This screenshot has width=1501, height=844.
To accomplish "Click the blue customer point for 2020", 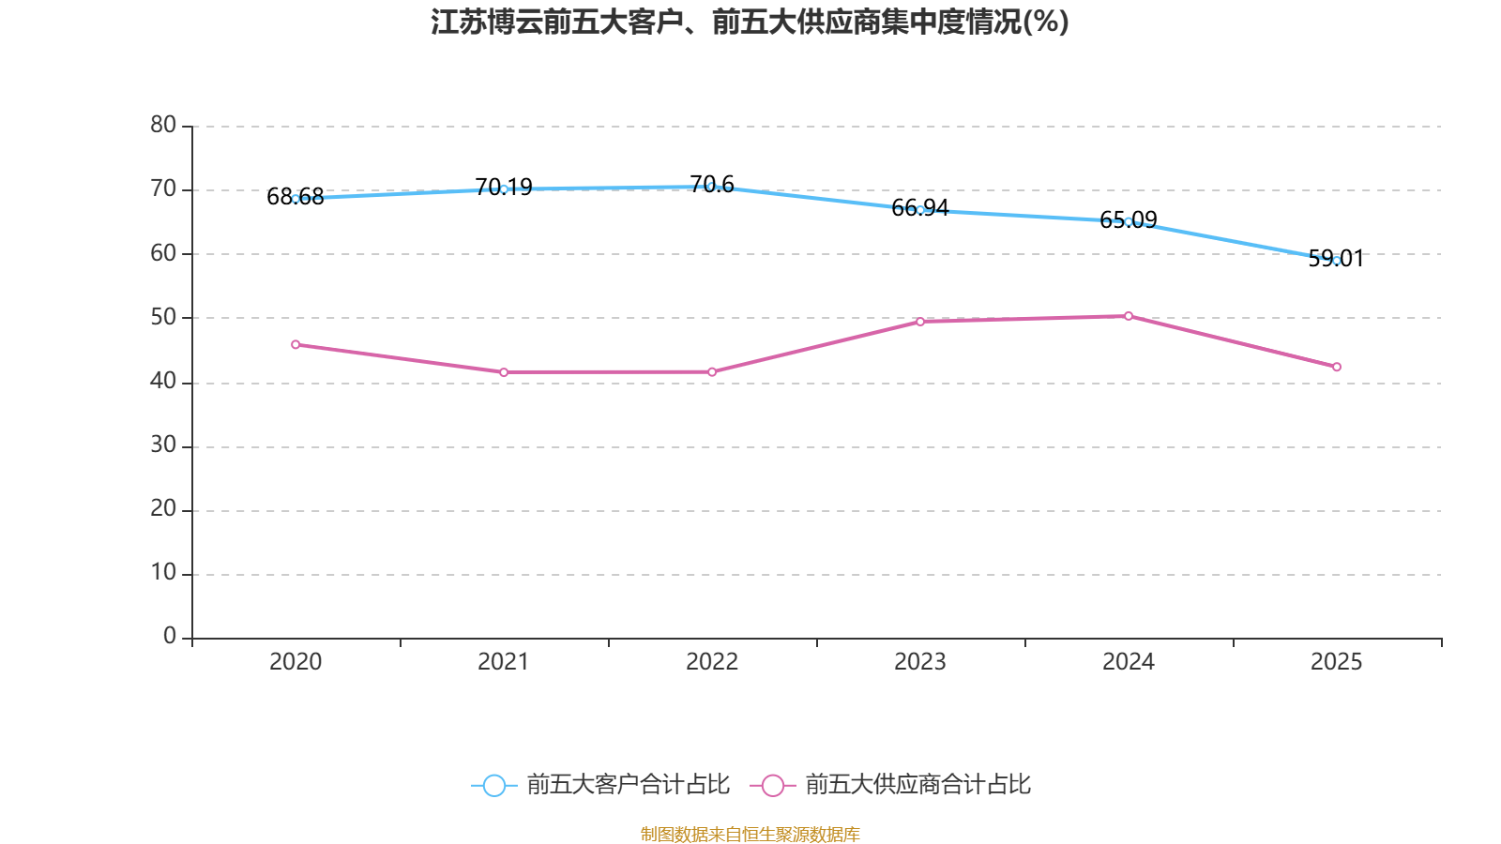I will [296, 199].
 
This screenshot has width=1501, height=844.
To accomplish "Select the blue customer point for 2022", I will [712, 187].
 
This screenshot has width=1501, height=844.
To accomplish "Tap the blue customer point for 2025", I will [1337, 261].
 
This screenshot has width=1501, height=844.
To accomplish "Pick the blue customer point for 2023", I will [920, 210].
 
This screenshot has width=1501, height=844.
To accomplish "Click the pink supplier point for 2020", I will [296, 344].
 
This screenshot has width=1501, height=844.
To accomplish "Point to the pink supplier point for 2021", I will [504, 372].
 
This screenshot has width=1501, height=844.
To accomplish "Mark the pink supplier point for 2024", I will [1129, 316].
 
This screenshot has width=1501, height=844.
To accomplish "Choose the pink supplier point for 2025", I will [1337, 367].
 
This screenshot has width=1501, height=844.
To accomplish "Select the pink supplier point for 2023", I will [920, 322].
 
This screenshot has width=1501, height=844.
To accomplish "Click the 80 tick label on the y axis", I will [163, 125].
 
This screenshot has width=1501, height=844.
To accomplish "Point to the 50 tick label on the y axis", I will [163, 317].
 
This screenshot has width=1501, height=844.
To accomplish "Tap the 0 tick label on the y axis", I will [170, 637].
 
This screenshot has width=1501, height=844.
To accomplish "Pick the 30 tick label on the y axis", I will [163, 445].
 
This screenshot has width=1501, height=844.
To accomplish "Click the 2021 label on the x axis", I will [504, 662].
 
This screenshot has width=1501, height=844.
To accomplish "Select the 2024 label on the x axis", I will [1129, 662].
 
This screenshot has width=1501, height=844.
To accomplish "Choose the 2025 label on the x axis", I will [1337, 662].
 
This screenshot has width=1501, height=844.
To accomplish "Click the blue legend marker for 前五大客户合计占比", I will [493, 785].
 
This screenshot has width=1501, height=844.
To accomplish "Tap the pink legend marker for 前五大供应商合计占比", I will [773, 785].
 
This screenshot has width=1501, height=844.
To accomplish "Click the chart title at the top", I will [750, 22].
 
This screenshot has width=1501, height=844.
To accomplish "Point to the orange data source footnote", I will [750, 834].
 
